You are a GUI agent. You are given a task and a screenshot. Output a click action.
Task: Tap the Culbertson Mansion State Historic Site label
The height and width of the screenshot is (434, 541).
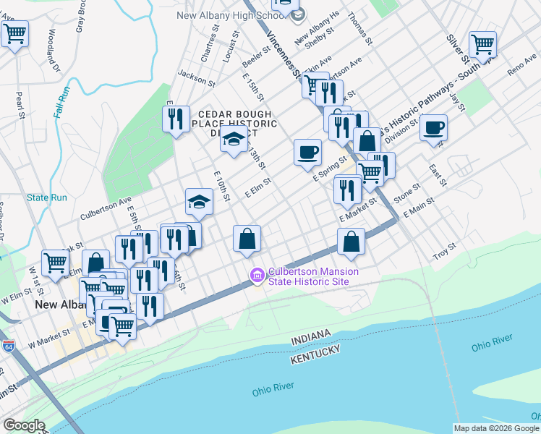[313, 276]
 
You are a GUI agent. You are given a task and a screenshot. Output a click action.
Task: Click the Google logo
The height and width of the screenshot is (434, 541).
[25, 425]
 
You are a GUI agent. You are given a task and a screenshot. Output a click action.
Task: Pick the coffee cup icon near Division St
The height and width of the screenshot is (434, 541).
[433, 128]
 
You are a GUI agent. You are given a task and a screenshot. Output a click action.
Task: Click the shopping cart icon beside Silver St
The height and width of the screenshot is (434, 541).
[482, 44]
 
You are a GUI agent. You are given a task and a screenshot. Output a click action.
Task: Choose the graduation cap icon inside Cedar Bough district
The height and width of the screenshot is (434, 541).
[234, 141]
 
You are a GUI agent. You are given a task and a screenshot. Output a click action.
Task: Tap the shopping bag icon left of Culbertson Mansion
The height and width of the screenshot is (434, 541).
[247, 238]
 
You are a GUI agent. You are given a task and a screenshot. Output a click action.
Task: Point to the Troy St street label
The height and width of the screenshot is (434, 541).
[444, 251]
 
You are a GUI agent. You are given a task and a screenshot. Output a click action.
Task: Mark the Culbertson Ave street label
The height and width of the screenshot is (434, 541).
[106, 206]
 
